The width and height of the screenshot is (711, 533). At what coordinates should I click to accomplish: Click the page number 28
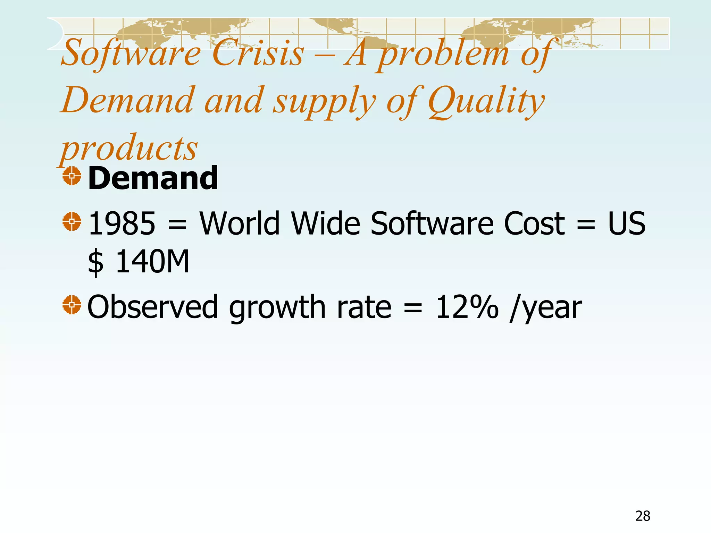click(643, 516)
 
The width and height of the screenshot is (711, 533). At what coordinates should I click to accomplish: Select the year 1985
click(122, 223)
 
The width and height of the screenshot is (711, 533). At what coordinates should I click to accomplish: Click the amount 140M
click(152, 262)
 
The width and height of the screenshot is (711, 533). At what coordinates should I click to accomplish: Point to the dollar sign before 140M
click(95, 263)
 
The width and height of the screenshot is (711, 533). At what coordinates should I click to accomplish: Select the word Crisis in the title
click(258, 53)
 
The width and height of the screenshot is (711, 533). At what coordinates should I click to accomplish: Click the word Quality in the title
click(486, 101)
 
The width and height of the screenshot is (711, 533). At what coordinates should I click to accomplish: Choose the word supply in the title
click(325, 101)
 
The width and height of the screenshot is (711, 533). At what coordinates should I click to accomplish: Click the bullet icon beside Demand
click(72, 176)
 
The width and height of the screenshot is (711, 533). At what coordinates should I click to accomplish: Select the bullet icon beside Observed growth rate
click(72, 305)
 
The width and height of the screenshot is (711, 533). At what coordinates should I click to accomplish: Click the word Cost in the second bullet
click(534, 223)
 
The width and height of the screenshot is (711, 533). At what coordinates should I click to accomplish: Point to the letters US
click(627, 223)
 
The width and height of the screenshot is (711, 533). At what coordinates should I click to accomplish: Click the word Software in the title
click(131, 53)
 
